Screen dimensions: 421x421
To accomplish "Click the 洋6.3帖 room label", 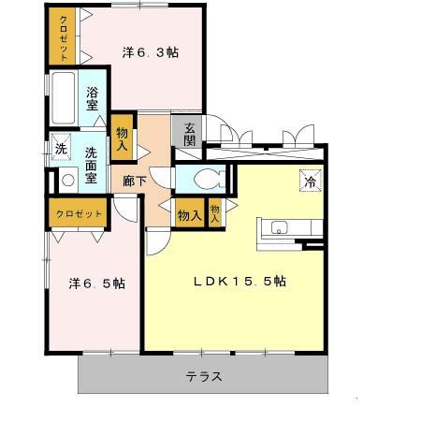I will [x=150, y=52].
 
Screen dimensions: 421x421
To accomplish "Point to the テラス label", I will [x=203, y=377].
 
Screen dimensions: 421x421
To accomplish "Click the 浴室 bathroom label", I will [x=94, y=98].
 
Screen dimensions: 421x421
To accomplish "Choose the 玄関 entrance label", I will [x=189, y=133].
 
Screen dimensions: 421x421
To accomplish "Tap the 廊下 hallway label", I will [x=135, y=181].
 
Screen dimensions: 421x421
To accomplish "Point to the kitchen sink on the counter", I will [x=279, y=226].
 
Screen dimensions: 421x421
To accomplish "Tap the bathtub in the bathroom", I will [x=64, y=98].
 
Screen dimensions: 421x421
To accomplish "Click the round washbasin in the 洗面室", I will [x=66, y=181].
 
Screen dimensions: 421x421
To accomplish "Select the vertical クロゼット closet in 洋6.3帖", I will [x=64, y=36].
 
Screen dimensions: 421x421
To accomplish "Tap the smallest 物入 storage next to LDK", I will [x=215, y=214].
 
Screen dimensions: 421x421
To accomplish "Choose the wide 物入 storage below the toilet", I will [x=189, y=215].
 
